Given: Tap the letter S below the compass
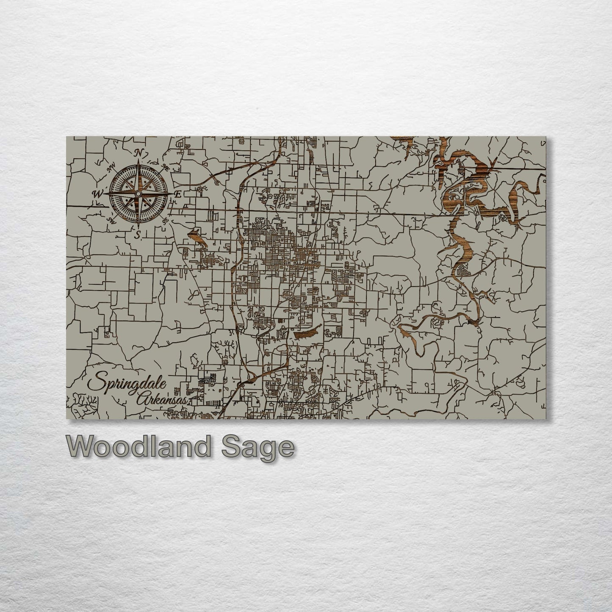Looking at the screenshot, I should click(137, 235).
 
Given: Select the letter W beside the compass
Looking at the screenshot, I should click(98, 194).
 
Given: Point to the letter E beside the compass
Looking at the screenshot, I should click(178, 194).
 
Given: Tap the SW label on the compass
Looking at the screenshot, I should click(112, 220).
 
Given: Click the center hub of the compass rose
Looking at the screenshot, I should click(138, 194).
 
